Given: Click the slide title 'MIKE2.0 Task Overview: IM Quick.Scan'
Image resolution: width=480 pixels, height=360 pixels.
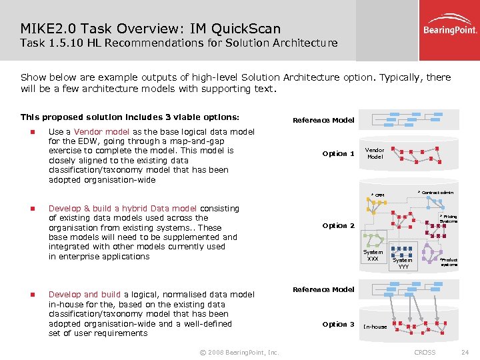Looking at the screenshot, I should click(x=150, y=28).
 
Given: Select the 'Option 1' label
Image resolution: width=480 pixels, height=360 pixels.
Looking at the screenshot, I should click(x=338, y=154).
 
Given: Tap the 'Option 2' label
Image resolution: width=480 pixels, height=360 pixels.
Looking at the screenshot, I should click(x=338, y=226).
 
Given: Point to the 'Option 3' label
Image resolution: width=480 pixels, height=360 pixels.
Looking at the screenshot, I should click(x=338, y=324).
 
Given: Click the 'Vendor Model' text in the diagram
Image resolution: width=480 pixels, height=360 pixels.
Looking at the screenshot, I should click(x=375, y=153).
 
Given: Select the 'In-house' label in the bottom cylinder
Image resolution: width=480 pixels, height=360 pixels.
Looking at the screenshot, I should click(x=375, y=327).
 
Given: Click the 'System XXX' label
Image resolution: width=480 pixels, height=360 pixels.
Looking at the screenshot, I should click(x=373, y=255).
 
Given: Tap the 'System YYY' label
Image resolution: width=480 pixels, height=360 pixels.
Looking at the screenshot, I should click(x=403, y=263).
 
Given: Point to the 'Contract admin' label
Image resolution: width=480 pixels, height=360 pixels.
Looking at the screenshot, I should click(x=437, y=192).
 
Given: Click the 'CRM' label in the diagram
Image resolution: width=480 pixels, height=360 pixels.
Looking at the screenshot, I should click(x=379, y=195).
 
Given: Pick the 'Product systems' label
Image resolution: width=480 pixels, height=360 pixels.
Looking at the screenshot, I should click(x=449, y=262).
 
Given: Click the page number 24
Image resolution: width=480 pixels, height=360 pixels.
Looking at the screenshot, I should click(x=465, y=352).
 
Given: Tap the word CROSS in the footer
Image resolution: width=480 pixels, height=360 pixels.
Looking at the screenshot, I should click(x=425, y=352).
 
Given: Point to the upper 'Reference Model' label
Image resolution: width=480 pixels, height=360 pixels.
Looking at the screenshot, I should click(x=323, y=120).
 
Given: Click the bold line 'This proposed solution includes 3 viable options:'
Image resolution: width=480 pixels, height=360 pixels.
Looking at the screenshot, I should click(x=129, y=117).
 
